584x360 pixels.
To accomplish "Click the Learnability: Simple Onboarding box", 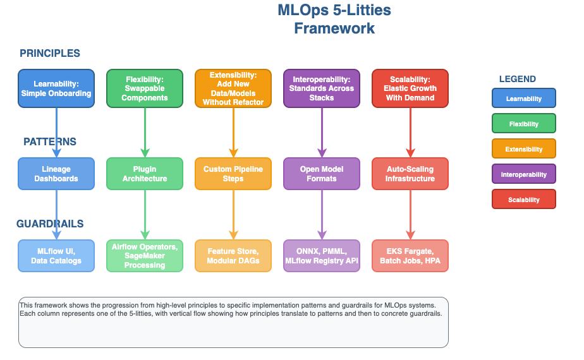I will click(56, 88).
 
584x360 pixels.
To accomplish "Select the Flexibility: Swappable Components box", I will click(145, 88).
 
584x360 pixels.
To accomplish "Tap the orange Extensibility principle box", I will click(233, 88).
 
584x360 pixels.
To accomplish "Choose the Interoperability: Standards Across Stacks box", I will click(322, 88).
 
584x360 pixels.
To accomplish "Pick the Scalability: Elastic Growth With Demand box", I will click(410, 88).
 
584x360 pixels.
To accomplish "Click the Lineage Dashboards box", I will click(56, 174).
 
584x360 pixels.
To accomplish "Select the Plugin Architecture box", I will click(145, 174).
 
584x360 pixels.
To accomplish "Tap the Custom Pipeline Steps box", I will click(233, 174).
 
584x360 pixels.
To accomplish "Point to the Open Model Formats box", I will click(322, 174).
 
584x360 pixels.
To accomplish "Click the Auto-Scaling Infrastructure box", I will click(410, 174).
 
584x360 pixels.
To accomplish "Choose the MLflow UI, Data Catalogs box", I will click(56, 256).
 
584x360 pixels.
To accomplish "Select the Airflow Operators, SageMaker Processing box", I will click(145, 256).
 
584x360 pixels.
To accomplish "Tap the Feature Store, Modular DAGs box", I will click(233, 256).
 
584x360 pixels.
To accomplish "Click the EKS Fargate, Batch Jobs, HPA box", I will click(410, 256).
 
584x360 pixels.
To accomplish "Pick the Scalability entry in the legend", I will click(524, 200).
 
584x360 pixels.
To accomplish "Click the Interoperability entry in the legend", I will click(524, 174).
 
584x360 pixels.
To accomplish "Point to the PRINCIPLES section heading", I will click(50, 54).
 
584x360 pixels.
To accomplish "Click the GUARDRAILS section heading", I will click(50, 224).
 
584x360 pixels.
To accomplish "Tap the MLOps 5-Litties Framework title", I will click(334, 20).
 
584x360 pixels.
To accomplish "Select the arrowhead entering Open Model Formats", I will click(322, 153).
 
